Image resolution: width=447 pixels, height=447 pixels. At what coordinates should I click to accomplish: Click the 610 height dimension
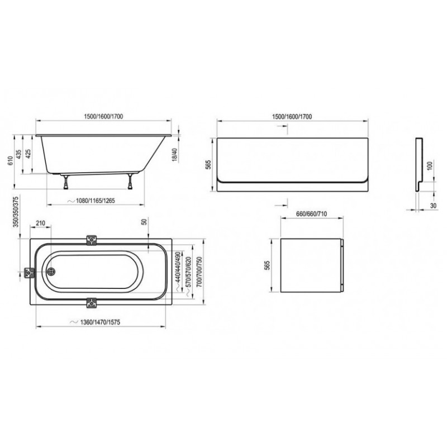tap(10, 161)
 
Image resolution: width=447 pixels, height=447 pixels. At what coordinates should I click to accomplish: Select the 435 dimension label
tap(18, 154)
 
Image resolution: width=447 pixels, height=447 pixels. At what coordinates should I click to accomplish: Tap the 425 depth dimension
tap(28, 154)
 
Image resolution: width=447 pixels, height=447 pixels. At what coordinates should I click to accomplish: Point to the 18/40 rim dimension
tap(175, 155)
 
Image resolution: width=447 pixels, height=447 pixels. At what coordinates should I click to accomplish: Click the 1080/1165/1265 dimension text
tap(95, 201)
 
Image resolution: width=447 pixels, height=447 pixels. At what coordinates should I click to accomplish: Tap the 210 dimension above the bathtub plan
tap(41, 223)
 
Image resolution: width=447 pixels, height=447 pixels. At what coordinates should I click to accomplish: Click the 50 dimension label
tap(145, 221)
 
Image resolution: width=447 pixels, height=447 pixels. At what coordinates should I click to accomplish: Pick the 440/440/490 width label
tap(178, 267)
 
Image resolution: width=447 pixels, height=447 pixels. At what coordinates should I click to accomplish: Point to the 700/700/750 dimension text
tap(199, 272)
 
